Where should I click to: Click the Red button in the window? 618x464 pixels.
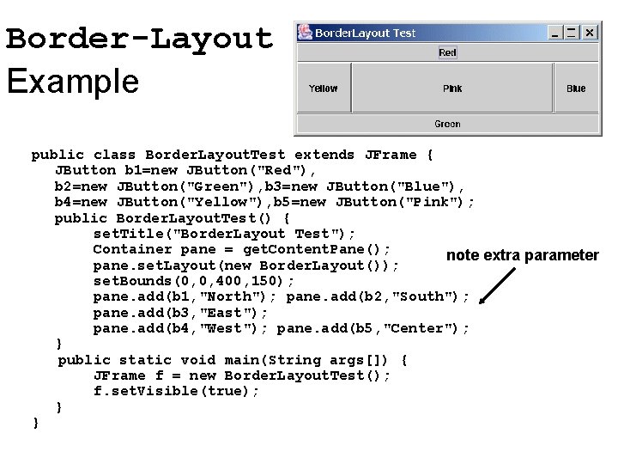pyautogui.click(x=447, y=52)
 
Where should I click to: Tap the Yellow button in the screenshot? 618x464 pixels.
pyautogui.click(x=324, y=89)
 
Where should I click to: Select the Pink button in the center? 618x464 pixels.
pyautogui.click(x=452, y=89)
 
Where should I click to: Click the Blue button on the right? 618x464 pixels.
pyautogui.click(x=576, y=89)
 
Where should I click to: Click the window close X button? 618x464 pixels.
pyautogui.click(x=590, y=33)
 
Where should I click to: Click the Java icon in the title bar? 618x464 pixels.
pyautogui.click(x=305, y=33)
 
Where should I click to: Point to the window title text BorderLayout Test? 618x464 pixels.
pyautogui.click(x=365, y=34)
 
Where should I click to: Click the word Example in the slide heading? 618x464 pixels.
pyautogui.click(x=72, y=82)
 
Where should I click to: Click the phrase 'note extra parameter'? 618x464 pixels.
pyautogui.click(x=522, y=255)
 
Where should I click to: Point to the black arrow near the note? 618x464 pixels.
pyautogui.click(x=499, y=286)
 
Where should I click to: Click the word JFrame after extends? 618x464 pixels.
pyautogui.click(x=391, y=155)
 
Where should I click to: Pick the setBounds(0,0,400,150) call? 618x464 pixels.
pyautogui.click(x=194, y=281)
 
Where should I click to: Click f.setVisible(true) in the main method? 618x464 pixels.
pyautogui.click(x=176, y=391)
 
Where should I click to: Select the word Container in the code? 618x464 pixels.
pyautogui.click(x=131, y=249)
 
